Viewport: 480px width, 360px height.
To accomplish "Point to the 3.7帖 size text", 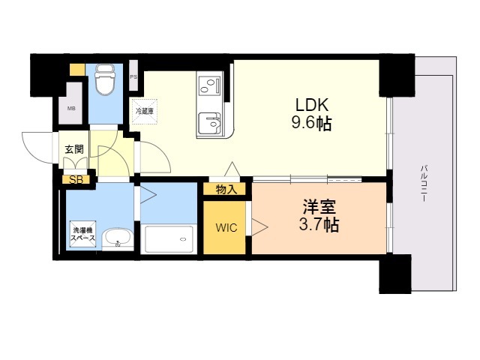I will coord(318,225).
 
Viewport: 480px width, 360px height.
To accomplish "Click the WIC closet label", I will coord(226,227).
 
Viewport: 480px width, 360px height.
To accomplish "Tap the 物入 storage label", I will coord(226,190).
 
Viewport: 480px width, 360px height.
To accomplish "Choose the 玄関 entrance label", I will coord(73,148).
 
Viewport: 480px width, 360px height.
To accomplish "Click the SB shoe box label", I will coord(76,179).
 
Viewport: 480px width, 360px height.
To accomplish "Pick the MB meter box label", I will coord(71,109).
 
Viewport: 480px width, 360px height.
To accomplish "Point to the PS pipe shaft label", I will coord(133,76).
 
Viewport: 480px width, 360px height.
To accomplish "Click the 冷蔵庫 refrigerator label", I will coord(144,111).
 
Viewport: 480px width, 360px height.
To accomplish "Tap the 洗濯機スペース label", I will coord(82,233).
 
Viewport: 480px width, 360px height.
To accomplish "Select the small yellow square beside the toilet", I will coord(76,70).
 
